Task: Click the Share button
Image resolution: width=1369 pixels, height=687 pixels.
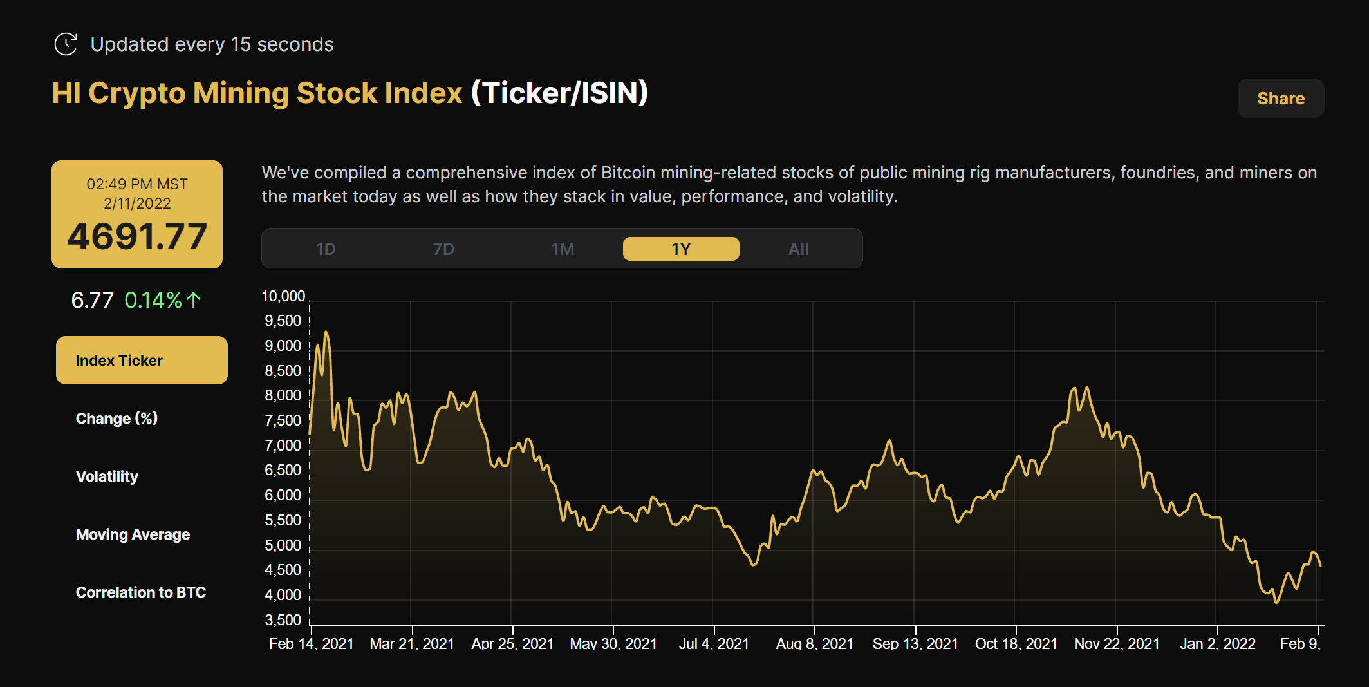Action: pyautogui.click(x=1280, y=99)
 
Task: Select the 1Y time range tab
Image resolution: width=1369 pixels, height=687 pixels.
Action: pyautogui.click(x=681, y=249)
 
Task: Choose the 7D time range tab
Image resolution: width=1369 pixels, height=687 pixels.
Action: pyautogui.click(x=443, y=249)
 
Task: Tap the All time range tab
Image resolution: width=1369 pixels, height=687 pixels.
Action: pyautogui.click(x=798, y=249)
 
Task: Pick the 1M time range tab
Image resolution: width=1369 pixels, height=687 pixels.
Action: pyautogui.click(x=563, y=249)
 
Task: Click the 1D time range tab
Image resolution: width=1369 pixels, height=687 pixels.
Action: pyautogui.click(x=326, y=249)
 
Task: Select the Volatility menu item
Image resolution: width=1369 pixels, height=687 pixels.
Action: pyautogui.click(x=107, y=476)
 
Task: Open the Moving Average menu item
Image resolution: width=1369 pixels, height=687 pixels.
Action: pyautogui.click(x=133, y=534)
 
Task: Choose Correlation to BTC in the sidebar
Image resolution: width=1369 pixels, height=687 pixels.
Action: pyautogui.click(x=140, y=592)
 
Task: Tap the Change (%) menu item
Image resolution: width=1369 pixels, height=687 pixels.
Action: pyautogui.click(x=116, y=419)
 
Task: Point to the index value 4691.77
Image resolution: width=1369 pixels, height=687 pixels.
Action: pyautogui.click(x=137, y=236)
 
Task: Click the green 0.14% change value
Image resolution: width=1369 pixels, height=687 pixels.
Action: pyautogui.click(x=154, y=300)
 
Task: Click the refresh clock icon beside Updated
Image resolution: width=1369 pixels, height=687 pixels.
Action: pyautogui.click(x=66, y=44)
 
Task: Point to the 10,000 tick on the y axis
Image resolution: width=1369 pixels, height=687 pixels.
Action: pyautogui.click(x=283, y=296)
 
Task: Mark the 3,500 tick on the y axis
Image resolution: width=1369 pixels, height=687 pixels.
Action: pyautogui.click(x=283, y=620)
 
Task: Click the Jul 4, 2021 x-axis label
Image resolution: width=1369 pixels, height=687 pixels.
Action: pyautogui.click(x=714, y=644)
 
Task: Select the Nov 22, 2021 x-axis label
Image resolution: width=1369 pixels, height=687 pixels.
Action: pyautogui.click(x=1117, y=644)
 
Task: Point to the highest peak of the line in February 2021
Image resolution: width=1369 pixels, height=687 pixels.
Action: pyautogui.click(x=326, y=333)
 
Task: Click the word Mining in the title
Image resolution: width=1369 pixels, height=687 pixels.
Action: pyautogui.click(x=241, y=93)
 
